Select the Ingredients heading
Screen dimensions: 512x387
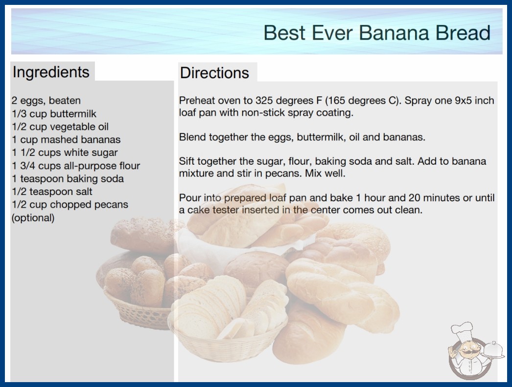[x=51, y=72]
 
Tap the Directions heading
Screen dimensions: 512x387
[x=214, y=73]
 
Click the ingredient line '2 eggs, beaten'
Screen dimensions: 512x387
[x=46, y=101]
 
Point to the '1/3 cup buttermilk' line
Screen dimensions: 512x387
[x=54, y=113]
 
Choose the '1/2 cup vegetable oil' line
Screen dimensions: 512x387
[x=60, y=127]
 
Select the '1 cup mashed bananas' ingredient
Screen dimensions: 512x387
[x=66, y=140]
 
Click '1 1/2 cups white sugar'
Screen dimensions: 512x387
[x=65, y=152]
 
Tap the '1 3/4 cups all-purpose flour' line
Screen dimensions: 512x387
[x=76, y=166]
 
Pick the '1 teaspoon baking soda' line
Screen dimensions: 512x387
[x=68, y=179]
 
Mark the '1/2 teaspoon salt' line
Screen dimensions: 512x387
[x=52, y=192]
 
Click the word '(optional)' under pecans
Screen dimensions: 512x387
[x=33, y=218]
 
